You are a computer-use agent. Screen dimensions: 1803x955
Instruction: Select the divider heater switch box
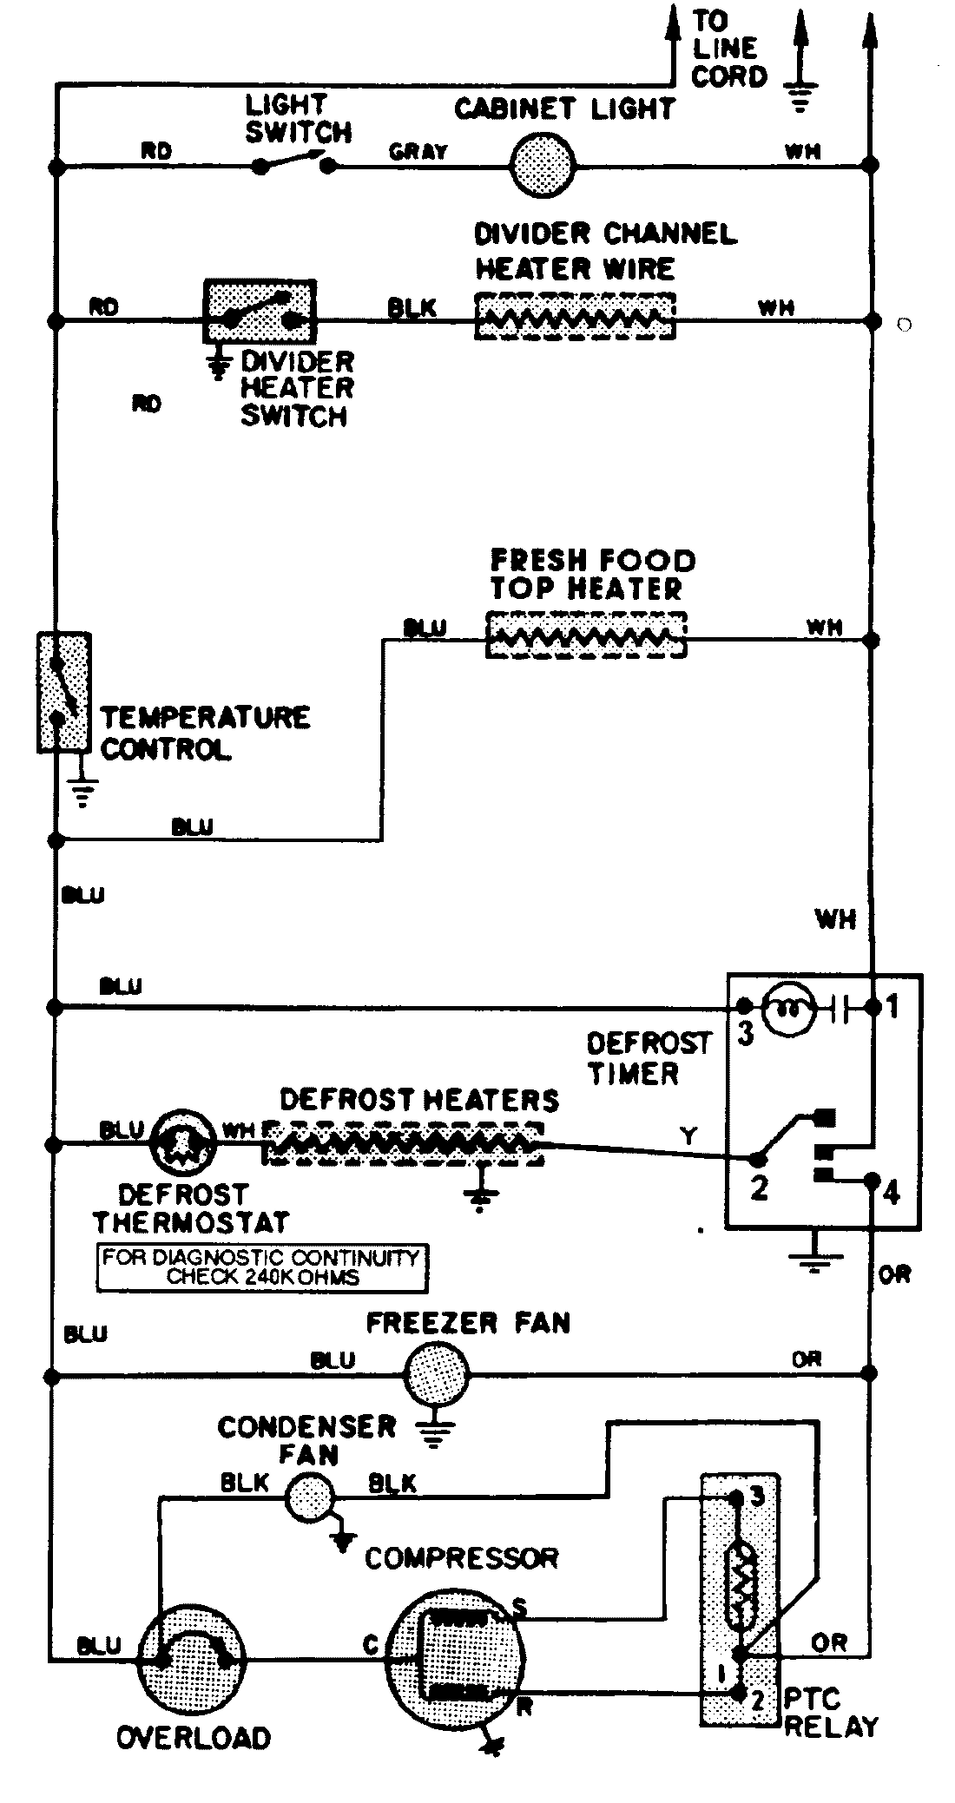[x=260, y=311]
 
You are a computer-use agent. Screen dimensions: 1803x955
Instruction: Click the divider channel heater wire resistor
[x=575, y=316]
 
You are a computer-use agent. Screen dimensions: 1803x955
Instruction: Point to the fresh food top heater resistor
[x=586, y=635]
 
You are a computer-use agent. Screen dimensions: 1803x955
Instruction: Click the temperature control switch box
[x=63, y=692]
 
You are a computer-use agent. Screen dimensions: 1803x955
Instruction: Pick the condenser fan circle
[x=310, y=1497]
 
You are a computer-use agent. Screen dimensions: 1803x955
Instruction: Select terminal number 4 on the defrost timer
[x=891, y=1194]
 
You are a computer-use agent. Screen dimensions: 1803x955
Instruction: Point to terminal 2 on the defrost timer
[x=759, y=1188]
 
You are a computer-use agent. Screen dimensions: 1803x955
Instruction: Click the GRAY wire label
[x=418, y=151]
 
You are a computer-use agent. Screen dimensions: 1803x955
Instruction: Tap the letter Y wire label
[x=688, y=1135]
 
